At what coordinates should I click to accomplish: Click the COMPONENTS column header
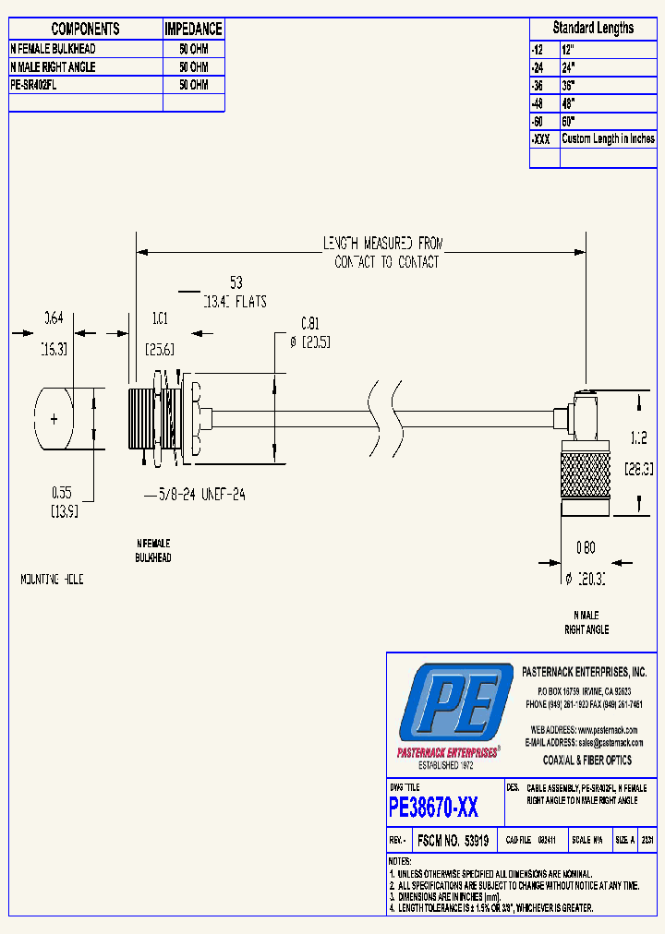[x=85, y=30]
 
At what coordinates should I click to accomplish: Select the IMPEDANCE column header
[x=193, y=30]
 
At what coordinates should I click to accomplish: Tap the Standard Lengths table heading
[x=593, y=28]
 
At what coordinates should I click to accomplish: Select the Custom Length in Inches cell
[x=608, y=138]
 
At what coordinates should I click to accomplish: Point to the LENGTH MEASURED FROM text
[x=382, y=244]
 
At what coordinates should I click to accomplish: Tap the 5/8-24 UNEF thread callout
[x=195, y=494]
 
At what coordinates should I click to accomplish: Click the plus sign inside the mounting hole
[x=54, y=420]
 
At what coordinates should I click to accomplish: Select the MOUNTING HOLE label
[x=52, y=580]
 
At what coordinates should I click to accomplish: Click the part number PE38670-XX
[x=433, y=808]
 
